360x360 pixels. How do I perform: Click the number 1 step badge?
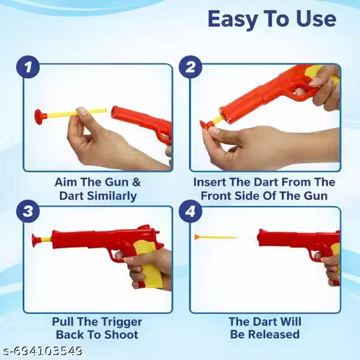coord(28,67)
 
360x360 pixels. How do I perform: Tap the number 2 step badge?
coord(191,67)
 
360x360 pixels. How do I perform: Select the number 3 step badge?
coord(28,211)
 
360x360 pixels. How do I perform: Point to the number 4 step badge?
coord(191,211)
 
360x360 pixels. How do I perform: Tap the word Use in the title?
coord(316,19)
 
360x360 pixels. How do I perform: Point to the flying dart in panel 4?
coord(216,238)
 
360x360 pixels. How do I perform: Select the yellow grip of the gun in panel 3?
coord(148,265)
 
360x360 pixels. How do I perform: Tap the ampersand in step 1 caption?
coord(136,182)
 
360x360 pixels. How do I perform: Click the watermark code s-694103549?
coord(41,351)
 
